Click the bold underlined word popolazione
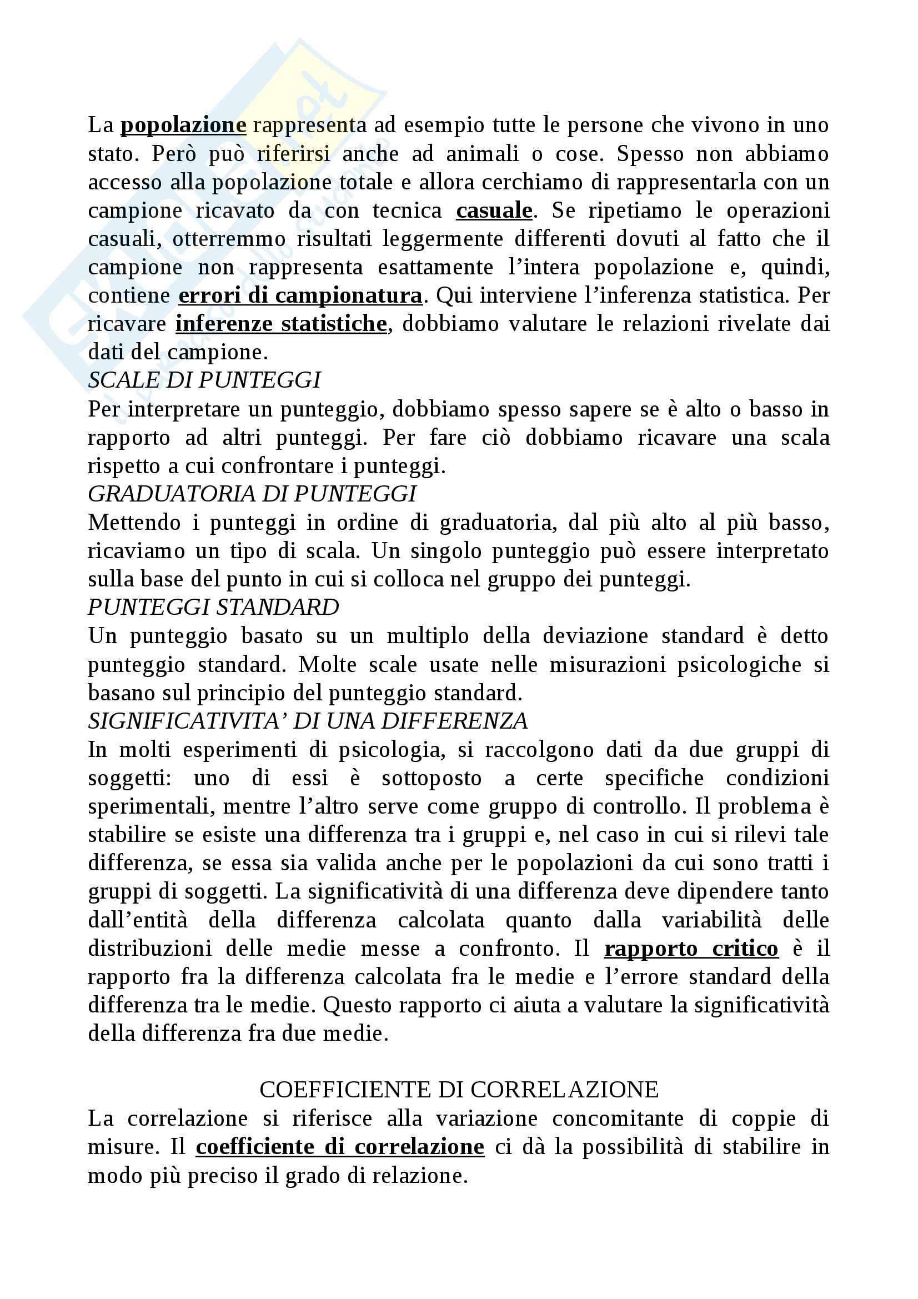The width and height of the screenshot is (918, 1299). [x=183, y=125]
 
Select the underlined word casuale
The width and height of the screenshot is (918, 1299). [x=494, y=210]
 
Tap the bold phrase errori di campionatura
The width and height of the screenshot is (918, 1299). [x=300, y=295]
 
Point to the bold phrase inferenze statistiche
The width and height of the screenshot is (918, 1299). [x=281, y=324]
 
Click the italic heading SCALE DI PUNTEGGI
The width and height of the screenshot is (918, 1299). [x=204, y=380]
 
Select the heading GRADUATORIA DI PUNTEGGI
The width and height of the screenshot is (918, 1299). [x=252, y=494]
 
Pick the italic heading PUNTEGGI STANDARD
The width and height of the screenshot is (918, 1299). [x=213, y=608]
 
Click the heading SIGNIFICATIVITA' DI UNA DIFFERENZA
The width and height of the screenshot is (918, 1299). [x=308, y=721]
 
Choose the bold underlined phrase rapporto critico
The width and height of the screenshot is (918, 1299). [x=691, y=948]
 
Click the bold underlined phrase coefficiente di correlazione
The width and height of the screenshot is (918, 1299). [x=340, y=1147]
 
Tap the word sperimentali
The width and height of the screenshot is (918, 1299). [x=151, y=806]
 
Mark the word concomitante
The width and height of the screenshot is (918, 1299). [x=618, y=1119]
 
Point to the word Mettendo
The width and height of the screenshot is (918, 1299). [x=134, y=523]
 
